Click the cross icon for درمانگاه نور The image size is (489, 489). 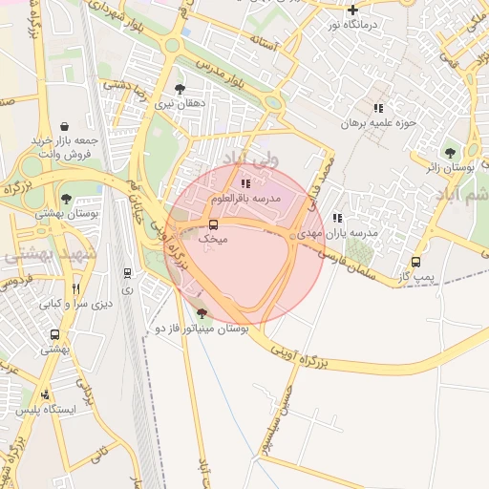pos(352,10)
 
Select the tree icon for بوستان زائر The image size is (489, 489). pos(449,152)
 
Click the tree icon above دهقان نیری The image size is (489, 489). pos(180,88)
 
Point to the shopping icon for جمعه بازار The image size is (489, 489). pos(63,126)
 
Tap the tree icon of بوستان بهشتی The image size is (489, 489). pos(65,199)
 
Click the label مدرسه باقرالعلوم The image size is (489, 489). pos(249,198)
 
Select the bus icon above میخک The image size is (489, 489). pos(212,225)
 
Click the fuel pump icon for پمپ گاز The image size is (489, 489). pos(415,262)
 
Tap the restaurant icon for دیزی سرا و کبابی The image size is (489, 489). pos(75,288)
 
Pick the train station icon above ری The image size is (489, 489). pos(127,273)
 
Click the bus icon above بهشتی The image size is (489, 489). pos(54,335)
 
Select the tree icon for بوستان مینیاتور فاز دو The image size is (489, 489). pos(201,313)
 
